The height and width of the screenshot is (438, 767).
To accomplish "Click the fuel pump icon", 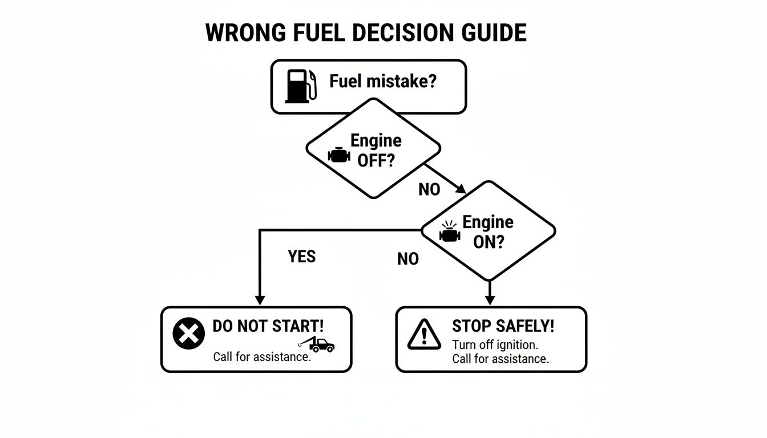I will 300,86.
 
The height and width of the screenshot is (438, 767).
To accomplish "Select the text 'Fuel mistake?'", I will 383,82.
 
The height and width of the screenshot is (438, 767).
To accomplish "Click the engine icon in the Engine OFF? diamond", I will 339,155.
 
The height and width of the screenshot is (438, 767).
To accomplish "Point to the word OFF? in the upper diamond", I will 376,160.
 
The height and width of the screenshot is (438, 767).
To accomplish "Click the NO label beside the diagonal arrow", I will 429,190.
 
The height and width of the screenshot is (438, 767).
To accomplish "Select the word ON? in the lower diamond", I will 489,242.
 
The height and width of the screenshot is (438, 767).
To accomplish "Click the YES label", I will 301,257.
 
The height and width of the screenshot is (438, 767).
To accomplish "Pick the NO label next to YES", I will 407,259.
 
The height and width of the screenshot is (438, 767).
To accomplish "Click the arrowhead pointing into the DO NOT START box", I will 260,299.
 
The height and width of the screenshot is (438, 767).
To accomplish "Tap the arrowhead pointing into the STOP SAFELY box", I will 489,299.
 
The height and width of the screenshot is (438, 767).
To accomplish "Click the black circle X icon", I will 188,334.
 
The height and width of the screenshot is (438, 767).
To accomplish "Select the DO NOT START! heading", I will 268,326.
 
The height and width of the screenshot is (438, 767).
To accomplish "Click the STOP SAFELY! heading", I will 503,326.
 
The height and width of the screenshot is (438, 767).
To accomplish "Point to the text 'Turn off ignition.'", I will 495,345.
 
